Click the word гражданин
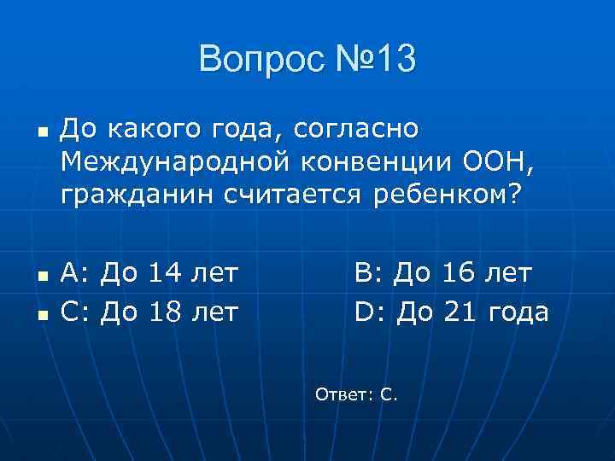click(137, 195)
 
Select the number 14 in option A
click(167, 274)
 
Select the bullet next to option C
click(41, 315)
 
